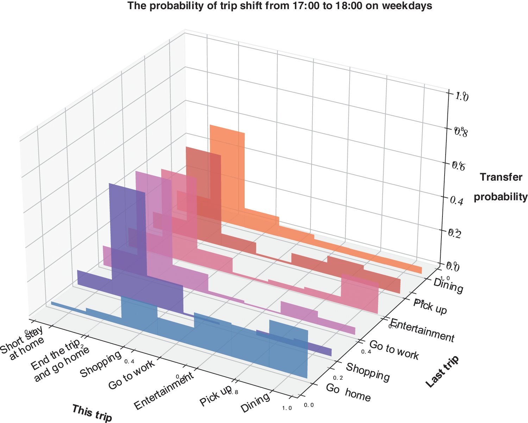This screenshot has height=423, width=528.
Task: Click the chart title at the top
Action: (x=279, y=6)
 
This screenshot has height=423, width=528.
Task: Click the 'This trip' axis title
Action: (x=92, y=413)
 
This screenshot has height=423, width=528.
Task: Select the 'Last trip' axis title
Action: (x=443, y=372)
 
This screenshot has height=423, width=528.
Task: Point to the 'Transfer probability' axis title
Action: (x=501, y=187)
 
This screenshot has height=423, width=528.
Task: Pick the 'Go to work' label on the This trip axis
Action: (x=131, y=375)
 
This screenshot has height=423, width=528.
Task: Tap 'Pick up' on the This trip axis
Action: (x=215, y=395)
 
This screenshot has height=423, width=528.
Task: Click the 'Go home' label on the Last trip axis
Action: (x=348, y=393)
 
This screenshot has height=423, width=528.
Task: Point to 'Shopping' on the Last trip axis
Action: (x=368, y=372)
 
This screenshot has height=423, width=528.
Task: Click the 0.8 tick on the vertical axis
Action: (x=461, y=132)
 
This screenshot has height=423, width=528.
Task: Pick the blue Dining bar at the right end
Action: (x=289, y=348)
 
